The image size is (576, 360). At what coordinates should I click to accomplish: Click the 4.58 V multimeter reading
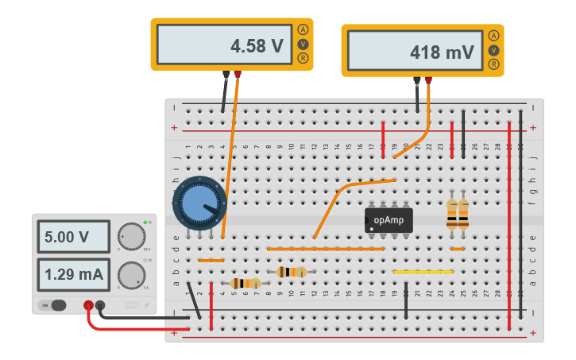click(x=223, y=45)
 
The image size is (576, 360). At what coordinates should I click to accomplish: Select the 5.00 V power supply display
click(x=72, y=237)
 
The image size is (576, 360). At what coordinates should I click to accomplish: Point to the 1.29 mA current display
click(x=72, y=275)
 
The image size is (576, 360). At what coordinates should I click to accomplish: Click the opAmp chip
click(x=389, y=219)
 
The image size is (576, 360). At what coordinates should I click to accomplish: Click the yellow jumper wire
click(x=423, y=272)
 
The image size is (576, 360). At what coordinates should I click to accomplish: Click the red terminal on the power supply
click(x=88, y=305)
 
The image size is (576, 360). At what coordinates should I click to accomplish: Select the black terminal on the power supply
click(x=100, y=305)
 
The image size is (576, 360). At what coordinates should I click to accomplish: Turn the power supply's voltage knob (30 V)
click(x=130, y=236)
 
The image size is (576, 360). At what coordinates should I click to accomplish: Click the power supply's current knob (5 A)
click(x=130, y=275)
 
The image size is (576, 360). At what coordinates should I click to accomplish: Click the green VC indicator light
click(x=145, y=222)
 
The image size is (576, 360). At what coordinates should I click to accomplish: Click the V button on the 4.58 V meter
click(x=303, y=44)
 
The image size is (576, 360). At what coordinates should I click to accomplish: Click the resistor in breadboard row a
click(x=245, y=283)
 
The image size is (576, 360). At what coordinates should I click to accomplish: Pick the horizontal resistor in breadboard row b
click(x=292, y=272)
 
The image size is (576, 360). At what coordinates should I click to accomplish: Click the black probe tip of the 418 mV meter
click(x=417, y=80)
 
